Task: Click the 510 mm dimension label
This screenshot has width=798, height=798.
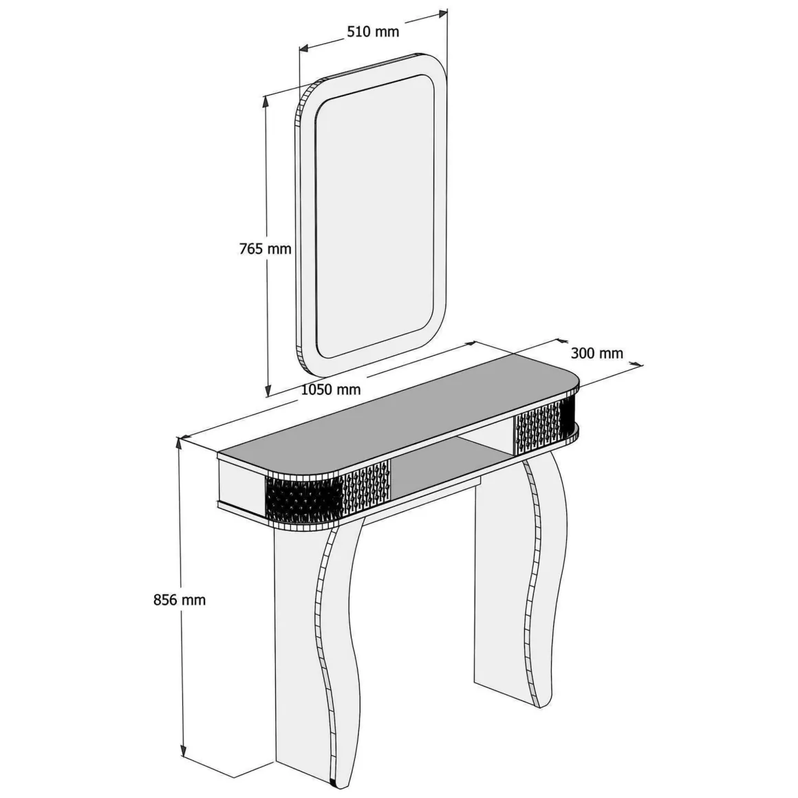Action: click(x=373, y=32)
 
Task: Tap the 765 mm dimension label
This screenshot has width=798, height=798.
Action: click(x=265, y=249)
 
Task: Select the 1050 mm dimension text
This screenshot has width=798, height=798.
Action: click(x=331, y=390)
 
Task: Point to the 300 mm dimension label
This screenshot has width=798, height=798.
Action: click(x=596, y=353)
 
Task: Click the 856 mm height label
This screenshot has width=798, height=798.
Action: click(x=180, y=600)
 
